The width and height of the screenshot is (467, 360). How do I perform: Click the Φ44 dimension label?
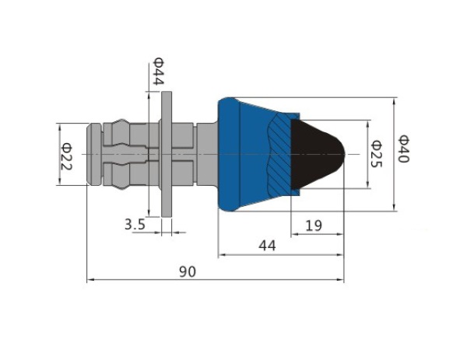(158, 71)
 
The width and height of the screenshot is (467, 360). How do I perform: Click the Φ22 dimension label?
(66, 156)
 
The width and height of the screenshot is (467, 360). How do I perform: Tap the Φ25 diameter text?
(377, 153)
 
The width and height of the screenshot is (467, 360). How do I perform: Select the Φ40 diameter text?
(404, 149)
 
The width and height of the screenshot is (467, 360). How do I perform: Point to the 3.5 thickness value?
(135, 224)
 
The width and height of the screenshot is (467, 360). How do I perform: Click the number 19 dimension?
(314, 225)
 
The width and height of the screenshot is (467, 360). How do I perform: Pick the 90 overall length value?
(188, 271)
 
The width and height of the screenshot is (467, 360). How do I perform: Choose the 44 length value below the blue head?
(267, 246)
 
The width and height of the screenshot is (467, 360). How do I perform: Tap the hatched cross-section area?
(280, 154)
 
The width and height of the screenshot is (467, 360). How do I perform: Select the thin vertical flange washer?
(167, 154)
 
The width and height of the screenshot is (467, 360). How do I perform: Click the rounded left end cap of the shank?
(94, 154)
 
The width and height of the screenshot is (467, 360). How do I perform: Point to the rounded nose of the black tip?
(340, 154)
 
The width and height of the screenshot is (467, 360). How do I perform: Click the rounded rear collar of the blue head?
(230, 154)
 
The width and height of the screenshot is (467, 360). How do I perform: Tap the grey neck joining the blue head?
(207, 154)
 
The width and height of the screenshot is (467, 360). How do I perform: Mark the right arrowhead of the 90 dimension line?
(341, 280)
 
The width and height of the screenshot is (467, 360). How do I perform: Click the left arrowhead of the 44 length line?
(222, 255)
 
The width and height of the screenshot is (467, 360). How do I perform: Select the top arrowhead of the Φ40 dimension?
(394, 101)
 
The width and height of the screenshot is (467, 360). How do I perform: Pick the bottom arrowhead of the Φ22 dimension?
(60, 181)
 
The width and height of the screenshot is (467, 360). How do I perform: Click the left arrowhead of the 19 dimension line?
(294, 234)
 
